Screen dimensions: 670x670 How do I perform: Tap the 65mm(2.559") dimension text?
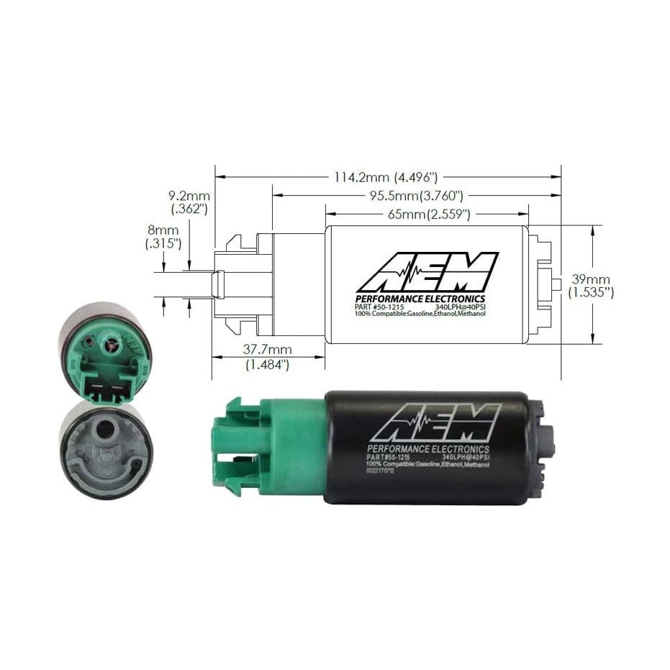tap(428, 214)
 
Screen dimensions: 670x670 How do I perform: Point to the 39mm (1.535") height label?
tap(590, 286)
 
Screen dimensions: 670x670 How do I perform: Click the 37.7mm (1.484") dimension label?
tap(266, 357)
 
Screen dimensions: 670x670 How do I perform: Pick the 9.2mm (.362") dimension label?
tap(189, 202)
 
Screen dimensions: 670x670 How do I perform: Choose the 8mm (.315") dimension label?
tap(163, 237)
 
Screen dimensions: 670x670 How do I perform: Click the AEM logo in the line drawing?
tap(427, 271)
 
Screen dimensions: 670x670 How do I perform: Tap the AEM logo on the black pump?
tap(435, 422)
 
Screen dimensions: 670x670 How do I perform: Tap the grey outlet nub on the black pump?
tap(549, 440)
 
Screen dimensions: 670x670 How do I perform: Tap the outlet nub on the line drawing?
tap(556, 284)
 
